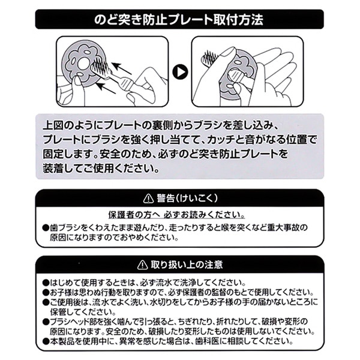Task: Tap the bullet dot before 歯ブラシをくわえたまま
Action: [46, 228]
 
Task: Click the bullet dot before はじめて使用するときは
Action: [46, 281]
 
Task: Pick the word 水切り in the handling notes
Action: [145, 302]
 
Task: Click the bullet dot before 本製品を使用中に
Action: [46, 343]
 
